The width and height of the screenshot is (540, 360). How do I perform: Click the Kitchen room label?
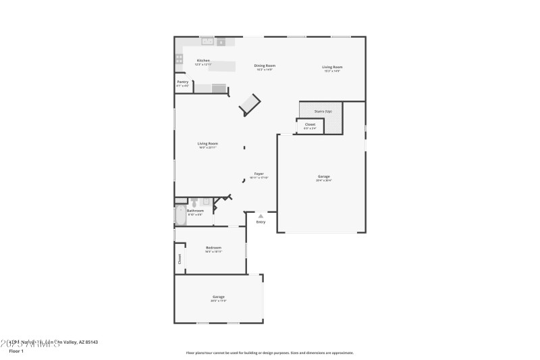pos(203,61)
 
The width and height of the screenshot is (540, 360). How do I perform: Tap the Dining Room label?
pos(265,66)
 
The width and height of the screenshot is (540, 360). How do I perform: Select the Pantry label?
pos(183,82)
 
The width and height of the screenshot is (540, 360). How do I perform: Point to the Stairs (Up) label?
pos(323,111)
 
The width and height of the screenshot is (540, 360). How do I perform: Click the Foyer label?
pos(259,174)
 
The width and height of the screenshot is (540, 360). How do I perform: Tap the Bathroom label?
pos(195,211)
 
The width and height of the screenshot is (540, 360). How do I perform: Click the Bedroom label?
pos(213,248)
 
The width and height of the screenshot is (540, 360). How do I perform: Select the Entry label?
pos(261,222)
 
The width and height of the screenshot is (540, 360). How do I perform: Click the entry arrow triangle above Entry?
pos(261,215)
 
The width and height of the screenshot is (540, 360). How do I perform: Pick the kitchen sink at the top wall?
pos(208,42)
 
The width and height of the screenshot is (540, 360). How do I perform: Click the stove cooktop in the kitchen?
pos(180,59)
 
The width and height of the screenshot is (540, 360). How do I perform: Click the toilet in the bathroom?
pos(194,202)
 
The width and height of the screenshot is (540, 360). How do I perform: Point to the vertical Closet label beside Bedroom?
pos(180,258)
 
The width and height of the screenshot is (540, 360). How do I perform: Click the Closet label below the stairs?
pos(310,125)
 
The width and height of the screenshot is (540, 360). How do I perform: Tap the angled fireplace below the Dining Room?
pos(249,104)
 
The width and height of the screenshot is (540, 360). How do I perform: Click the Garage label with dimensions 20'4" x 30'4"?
pos(324,177)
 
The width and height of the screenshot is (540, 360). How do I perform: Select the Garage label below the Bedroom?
pos(219,297)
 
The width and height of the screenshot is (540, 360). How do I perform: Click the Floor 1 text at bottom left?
pos(16,351)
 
